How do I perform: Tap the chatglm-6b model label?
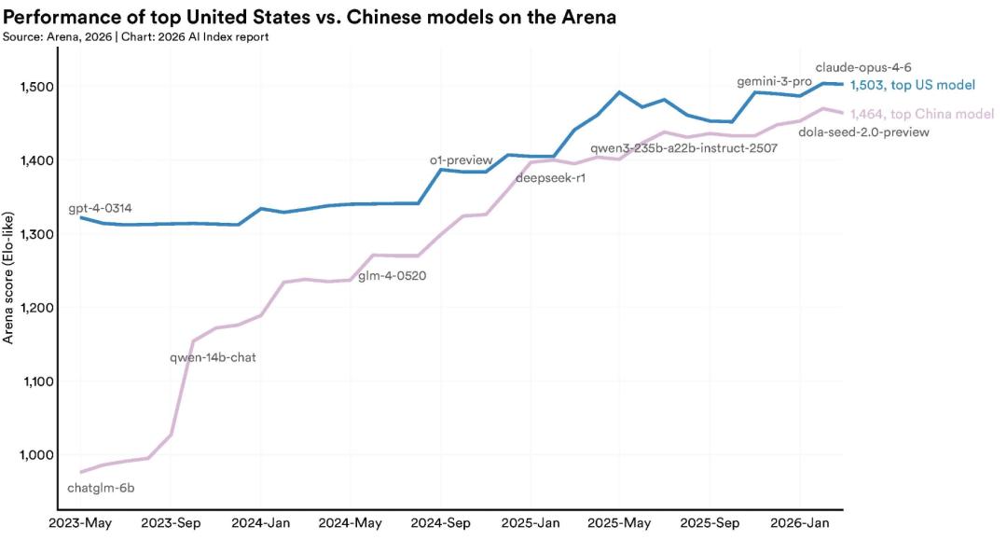[107, 487]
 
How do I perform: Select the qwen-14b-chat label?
[213, 356]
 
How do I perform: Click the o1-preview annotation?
[461, 160]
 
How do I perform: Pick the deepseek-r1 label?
[550, 178]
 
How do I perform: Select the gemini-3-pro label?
[774, 82]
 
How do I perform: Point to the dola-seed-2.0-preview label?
[864, 132]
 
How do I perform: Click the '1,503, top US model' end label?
[912, 85]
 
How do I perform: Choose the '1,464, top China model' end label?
[921, 114]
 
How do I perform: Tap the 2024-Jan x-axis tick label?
[260, 524]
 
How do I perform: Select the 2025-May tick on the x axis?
[620, 524]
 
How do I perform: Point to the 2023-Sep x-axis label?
[170, 524]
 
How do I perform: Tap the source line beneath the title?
[136, 36]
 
